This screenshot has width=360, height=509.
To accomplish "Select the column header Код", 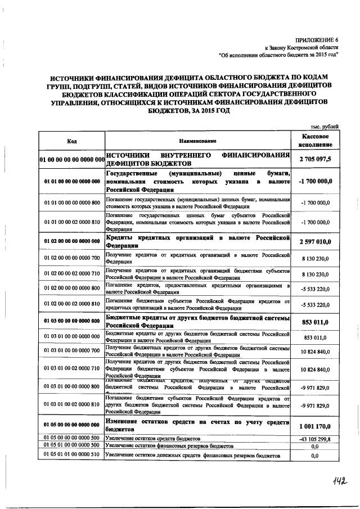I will pyautogui.click(x=71, y=141).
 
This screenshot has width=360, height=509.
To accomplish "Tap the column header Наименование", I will pyautogui.click(x=197, y=141).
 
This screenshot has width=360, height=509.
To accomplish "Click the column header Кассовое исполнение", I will pyautogui.click(x=315, y=141).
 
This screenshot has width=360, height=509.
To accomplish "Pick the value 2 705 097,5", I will pyautogui.click(x=315, y=159).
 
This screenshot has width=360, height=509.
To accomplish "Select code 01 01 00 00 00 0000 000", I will pyautogui.click(x=71, y=182).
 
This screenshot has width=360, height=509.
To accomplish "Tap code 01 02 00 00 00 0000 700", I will pyautogui.click(x=71, y=258).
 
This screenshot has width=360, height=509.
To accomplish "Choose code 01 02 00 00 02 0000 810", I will pyautogui.click(x=71, y=304).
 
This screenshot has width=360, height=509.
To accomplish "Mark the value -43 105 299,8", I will pyautogui.click(x=315, y=438).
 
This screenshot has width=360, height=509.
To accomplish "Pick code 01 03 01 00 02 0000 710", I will pyautogui.click(x=71, y=370).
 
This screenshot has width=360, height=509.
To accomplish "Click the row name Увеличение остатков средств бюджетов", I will pyautogui.click(x=152, y=438).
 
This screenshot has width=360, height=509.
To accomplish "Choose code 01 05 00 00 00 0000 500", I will pyautogui.click(x=71, y=438).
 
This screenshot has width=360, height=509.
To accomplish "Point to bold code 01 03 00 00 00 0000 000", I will pyautogui.click(x=71, y=321).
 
